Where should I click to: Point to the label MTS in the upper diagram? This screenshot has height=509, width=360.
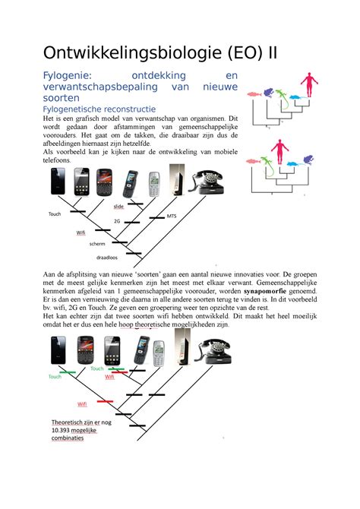tap(172, 217)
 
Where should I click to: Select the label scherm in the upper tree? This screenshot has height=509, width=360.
tap(97, 243)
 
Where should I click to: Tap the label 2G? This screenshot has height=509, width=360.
tap(117, 220)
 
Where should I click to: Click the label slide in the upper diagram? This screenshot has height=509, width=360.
tap(118, 206)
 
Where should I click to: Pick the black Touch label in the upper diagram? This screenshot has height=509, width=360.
tap(55, 214)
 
